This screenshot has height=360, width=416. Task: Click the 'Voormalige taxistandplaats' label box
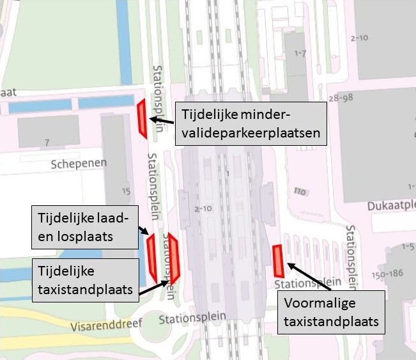332,312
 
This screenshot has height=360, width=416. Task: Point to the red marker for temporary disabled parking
142,119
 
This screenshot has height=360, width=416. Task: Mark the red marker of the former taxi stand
278,262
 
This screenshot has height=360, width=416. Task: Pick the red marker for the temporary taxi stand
173,258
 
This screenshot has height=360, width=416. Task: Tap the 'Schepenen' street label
79,164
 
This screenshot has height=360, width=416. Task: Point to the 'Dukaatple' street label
391,206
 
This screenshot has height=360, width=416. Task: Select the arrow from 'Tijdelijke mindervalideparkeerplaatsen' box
162,119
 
